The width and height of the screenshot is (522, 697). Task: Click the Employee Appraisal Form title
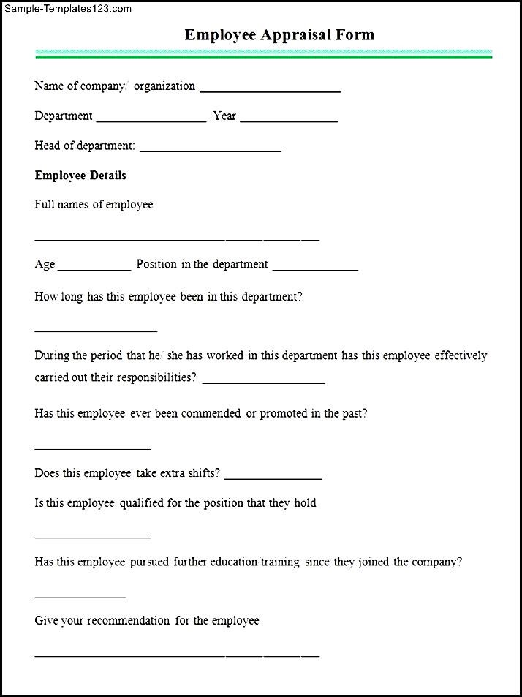pyautogui.click(x=279, y=34)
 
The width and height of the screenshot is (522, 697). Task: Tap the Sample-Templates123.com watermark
pyautogui.click(x=67, y=9)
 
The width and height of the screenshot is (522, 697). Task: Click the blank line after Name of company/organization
pyautogui.click(x=270, y=90)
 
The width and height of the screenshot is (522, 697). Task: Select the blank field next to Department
pyautogui.click(x=151, y=120)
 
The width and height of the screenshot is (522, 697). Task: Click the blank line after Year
pyautogui.click(x=289, y=120)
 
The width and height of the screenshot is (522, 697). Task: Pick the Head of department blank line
pyautogui.click(x=210, y=150)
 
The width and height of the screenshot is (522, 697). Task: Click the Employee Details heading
pyautogui.click(x=80, y=176)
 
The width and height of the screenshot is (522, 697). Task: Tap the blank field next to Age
pyautogui.click(x=94, y=268)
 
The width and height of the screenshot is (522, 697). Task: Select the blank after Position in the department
pyautogui.click(x=315, y=268)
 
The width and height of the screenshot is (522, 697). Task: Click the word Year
pyautogui.click(x=224, y=116)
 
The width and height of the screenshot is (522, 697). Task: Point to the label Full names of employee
pyautogui.click(x=94, y=205)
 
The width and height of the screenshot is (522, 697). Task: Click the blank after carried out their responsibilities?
pyautogui.click(x=263, y=381)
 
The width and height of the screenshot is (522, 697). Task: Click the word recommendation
pyautogui.click(x=128, y=621)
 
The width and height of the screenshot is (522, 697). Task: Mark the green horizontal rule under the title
pyautogui.click(x=264, y=54)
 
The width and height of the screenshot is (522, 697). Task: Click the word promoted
pyautogui.click(x=284, y=413)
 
